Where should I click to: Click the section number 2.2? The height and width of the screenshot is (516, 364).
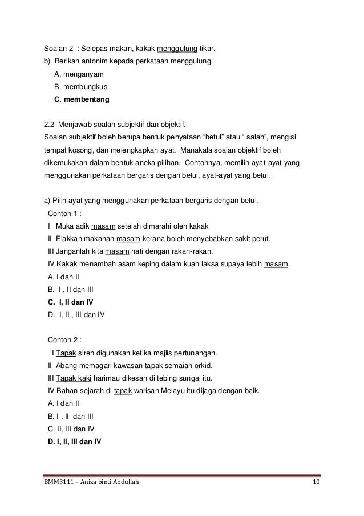50,124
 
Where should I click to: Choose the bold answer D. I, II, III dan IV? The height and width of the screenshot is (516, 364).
75,441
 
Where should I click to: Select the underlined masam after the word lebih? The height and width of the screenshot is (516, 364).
276,263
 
